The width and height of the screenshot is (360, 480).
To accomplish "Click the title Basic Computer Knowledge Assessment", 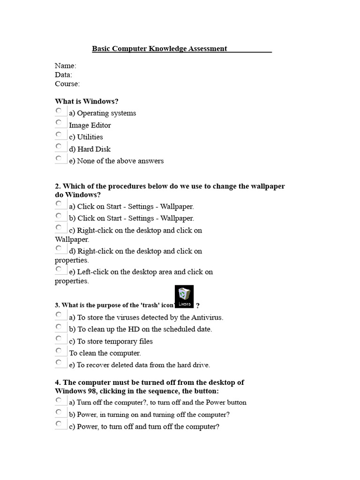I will [x=159, y=48].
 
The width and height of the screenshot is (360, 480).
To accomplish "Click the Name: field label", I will [x=66, y=66].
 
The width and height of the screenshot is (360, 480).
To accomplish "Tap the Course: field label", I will [x=67, y=84].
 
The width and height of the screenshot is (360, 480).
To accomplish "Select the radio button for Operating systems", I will [x=59, y=111].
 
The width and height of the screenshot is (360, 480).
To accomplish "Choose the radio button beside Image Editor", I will [x=59, y=123].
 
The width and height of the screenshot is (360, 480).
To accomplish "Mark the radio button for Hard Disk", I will [x=59, y=147].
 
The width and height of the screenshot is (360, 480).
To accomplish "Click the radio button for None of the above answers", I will [x=59, y=158].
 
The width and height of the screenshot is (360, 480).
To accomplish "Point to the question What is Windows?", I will [x=87, y=101].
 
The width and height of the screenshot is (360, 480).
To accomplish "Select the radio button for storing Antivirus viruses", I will [x=59, y=315].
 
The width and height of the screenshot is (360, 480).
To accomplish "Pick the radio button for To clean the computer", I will [x=59, y=351].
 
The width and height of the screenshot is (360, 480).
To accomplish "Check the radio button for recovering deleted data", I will [x=59, y=362].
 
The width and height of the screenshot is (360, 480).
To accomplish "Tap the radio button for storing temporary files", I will [x=59, y=339].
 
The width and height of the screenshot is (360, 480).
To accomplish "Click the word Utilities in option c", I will [x=90, y=137].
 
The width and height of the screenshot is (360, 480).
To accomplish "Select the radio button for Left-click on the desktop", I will [x=59, y=270].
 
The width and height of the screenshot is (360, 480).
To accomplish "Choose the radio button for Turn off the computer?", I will [x=59, y=400].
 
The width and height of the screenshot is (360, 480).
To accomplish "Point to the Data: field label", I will [x=63, y=75].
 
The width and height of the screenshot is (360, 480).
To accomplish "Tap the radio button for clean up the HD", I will [x=59, y=327].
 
